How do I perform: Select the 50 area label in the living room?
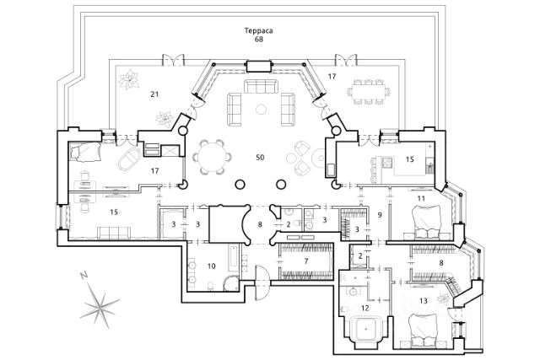tap(261, 158)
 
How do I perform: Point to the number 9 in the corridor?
tap(381, 216)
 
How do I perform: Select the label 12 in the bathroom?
tap(365, 309)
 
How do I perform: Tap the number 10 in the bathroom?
tap(212, 266)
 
